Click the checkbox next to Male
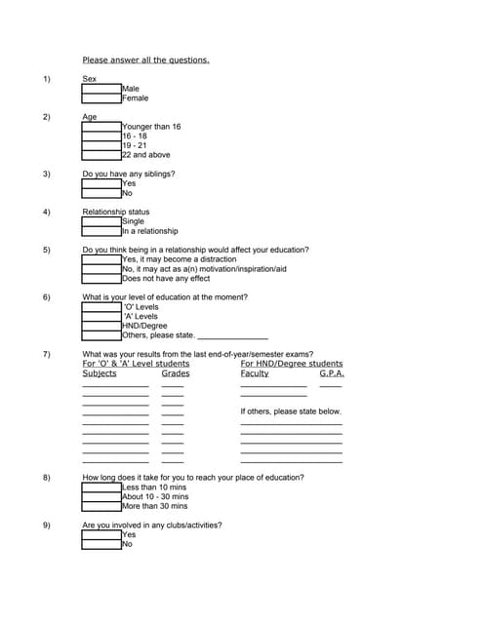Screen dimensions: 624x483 (x=101, y=89)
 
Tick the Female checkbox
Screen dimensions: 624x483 (x=101, y=98)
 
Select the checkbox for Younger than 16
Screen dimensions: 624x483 (x=101, y=127)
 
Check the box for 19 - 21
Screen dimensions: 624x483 (x=101, y=145)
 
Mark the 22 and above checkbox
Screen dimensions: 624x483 (x=101, y=155)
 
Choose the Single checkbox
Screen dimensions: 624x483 (x=101, y=221)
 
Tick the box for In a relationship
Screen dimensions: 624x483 (x=101, y=231)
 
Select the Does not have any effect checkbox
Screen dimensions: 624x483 (x=101, y=279)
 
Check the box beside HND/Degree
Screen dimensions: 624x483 (x=101, y=326)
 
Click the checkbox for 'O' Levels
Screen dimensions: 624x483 (x=101, y=307)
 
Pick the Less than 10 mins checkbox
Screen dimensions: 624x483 (x=101, y=487)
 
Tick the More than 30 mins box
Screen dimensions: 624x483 (x=101, y=506)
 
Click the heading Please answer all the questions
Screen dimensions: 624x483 (x=145, y=59)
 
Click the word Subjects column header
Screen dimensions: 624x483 (x=100, y=373)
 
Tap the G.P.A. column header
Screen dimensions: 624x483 (x=332, y=373)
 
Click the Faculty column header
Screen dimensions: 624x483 (x=255, y=373)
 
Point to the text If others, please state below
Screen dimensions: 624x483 (x=291, y=411)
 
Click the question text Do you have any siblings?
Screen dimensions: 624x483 (x=129, y=174)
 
